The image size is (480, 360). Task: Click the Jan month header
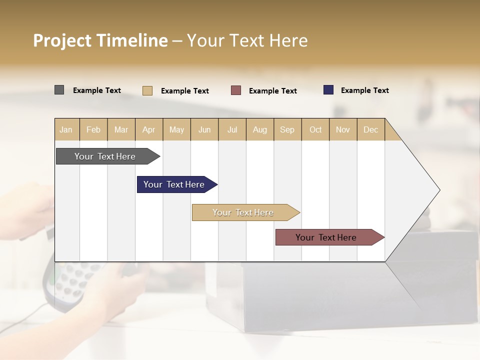click(66, 129)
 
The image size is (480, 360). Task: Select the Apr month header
click(149, 129)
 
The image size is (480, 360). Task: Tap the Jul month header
click(232, 129)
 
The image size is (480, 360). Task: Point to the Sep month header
click(287, 129)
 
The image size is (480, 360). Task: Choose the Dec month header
click(370, 129)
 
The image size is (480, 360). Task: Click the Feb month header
click(93, 129)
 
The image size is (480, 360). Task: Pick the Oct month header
click(315, 129)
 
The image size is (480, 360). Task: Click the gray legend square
click(59, 90)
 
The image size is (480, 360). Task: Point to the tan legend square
click(147, 90)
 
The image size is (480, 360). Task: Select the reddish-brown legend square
click(236, 90)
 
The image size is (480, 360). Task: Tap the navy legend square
click(328, 90)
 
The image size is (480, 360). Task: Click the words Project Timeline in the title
click(100, 40)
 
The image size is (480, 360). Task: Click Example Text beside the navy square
click(364, 90)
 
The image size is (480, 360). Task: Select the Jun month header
click(204, 129)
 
